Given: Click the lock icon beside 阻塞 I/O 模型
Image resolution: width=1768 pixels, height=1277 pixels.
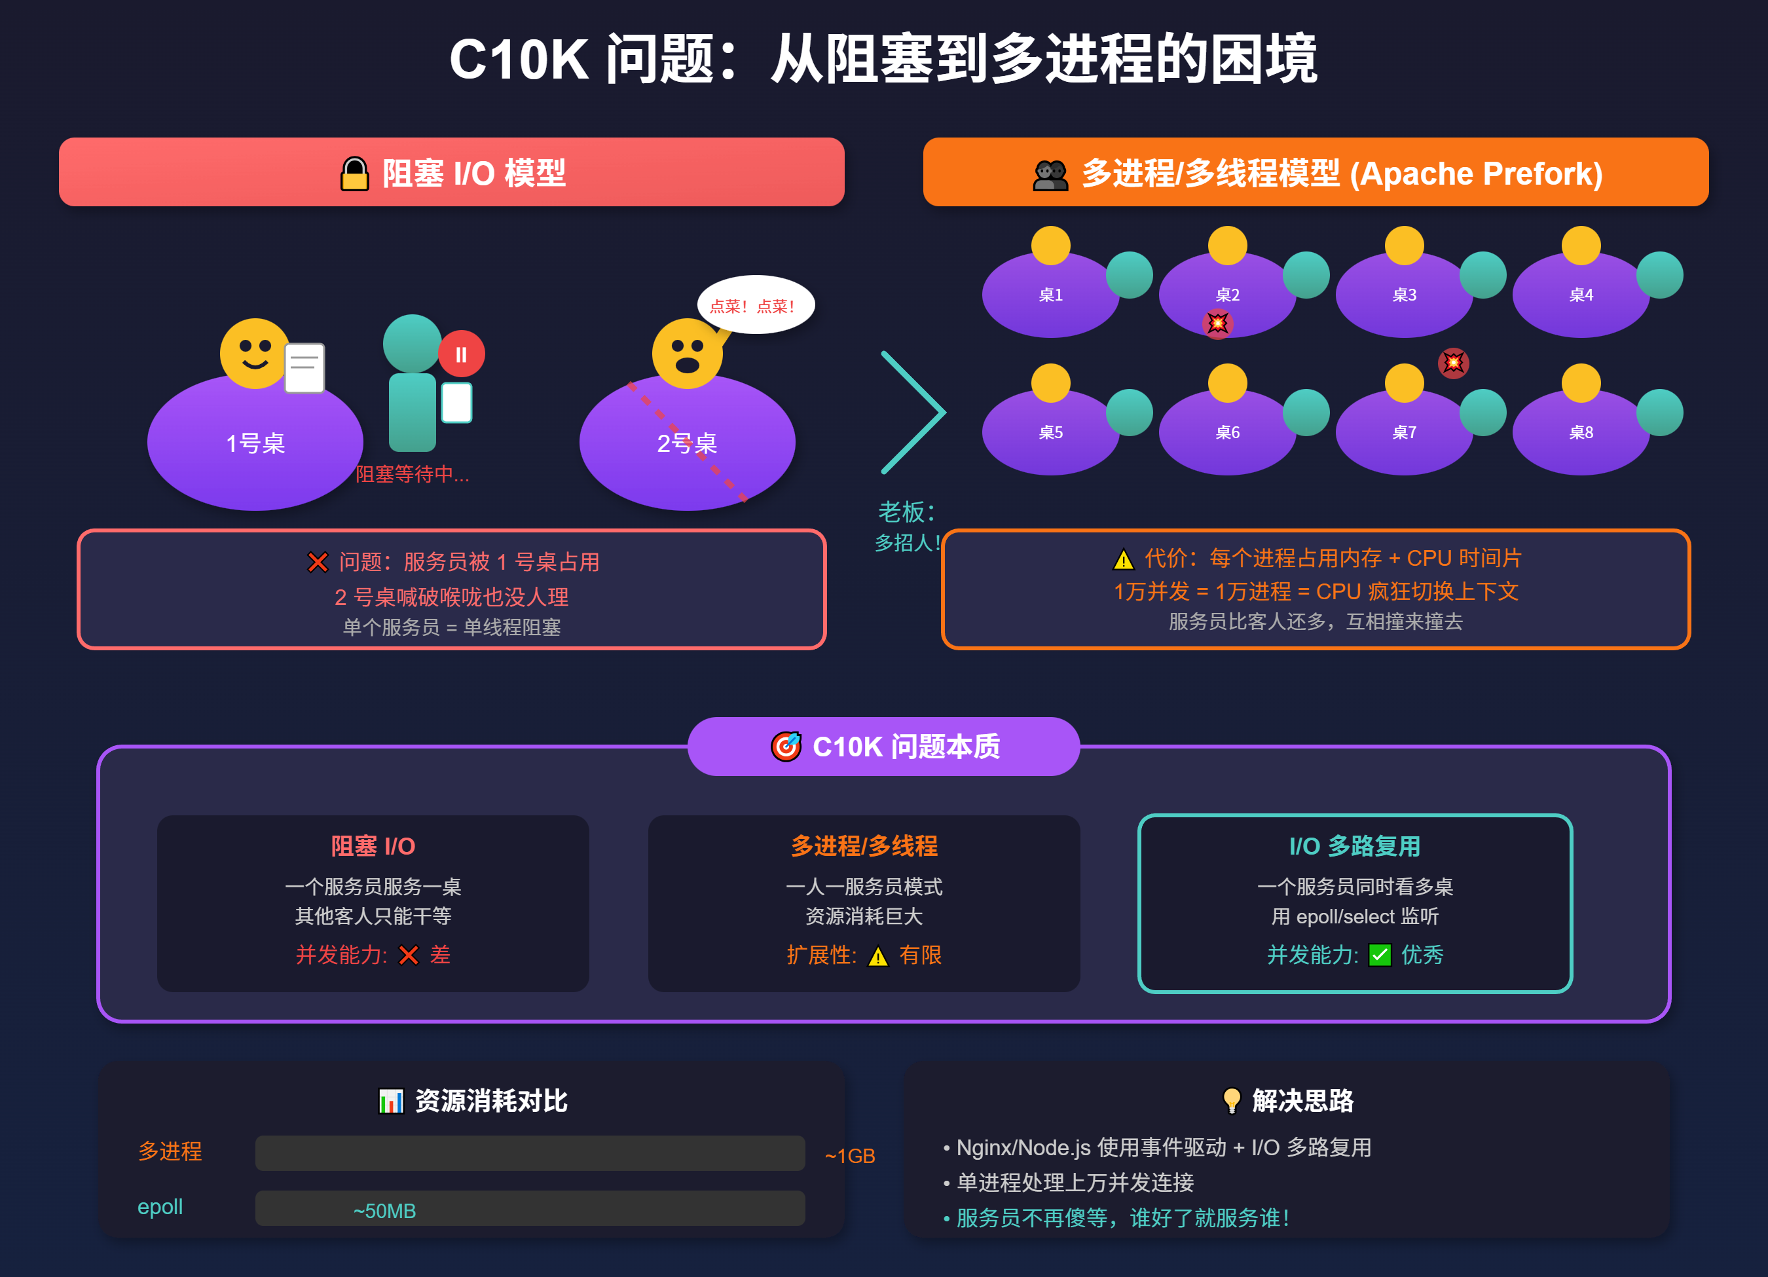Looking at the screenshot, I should click(355, 173).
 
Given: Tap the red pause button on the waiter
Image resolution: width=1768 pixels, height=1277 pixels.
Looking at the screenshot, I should click(462, 355).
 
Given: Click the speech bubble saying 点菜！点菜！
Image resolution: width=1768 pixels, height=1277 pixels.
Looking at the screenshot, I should click(754, 305).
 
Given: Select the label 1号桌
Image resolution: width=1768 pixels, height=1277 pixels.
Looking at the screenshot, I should click(255, 443).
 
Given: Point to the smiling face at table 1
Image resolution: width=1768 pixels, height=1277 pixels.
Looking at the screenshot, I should click(254, 353).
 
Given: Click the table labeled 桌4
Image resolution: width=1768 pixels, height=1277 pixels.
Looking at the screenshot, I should click(1580, 295).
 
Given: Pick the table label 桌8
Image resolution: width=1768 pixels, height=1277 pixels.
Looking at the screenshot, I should click(1580, 432).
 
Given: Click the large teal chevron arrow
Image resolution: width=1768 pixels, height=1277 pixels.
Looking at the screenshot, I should click(913, 413).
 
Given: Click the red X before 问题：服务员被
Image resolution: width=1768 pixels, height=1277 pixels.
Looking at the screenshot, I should click(318, 562).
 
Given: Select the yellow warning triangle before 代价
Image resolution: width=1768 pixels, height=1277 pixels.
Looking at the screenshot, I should click(1122, 559).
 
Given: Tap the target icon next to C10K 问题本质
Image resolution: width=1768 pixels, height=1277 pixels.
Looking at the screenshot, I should click(786, 746).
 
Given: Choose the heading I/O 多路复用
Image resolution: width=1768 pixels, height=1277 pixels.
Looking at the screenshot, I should click(1355, 846).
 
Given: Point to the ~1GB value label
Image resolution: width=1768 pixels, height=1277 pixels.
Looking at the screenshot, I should click(850, 1155).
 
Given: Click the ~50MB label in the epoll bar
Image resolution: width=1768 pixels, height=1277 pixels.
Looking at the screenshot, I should click(384, 1211).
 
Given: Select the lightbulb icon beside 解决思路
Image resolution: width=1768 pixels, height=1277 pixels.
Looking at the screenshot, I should click(1232, 1100).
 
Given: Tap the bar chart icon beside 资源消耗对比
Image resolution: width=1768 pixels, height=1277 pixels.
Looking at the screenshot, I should click(390, 1101).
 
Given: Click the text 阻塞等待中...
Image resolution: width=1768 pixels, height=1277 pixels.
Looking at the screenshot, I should click(413, 474).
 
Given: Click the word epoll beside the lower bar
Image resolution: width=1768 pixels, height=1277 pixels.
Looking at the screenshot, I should click(160, 1207).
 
